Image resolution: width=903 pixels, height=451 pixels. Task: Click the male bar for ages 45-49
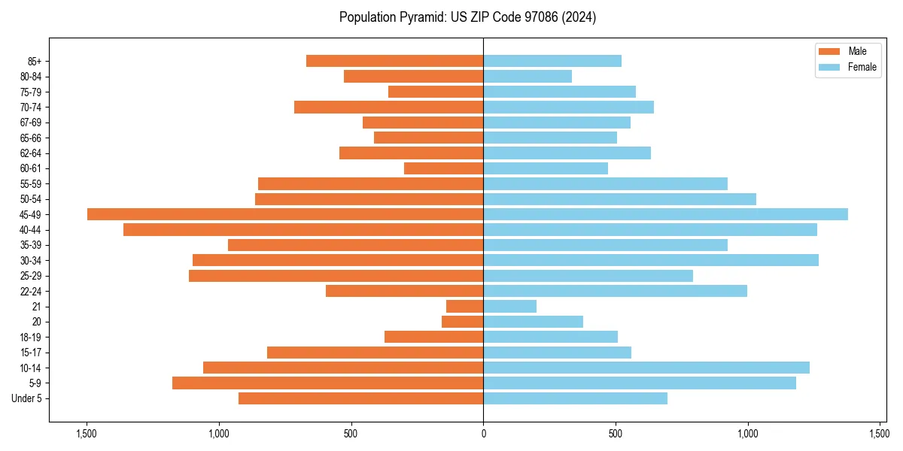point(285,214)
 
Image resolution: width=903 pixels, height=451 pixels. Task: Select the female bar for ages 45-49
point(665,214)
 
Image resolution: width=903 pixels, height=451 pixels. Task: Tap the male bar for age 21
point(464,306)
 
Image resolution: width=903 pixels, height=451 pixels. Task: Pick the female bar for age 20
point(533,322)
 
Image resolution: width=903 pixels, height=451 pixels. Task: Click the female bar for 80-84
point(528,76)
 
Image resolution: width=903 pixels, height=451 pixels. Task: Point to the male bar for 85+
point(394,61)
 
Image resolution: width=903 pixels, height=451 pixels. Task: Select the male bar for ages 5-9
point(327,383)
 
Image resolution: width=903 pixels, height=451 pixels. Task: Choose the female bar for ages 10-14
point(646,368)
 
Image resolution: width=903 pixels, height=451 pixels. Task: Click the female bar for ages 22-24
point(615,291)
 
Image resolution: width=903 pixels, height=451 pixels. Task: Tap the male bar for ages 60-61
point(443,168)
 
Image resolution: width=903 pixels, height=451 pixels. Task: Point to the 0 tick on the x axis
point(483,434)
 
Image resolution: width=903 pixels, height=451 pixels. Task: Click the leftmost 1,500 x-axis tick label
point(87,434)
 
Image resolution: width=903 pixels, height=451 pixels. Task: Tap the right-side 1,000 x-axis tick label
point(747,434)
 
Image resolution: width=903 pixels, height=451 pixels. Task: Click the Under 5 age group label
point(27,398)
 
